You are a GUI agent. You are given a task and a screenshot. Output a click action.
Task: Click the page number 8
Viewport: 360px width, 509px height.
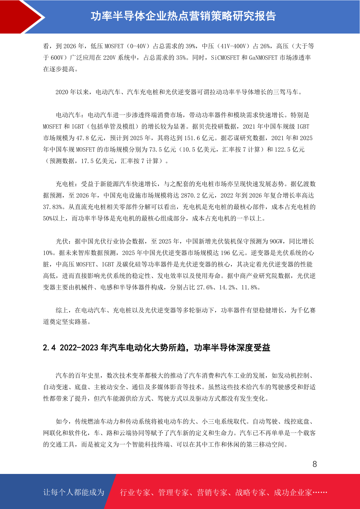(x=315, y=464)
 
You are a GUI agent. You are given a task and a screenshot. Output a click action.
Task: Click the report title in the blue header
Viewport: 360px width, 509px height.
(x=183, y=16)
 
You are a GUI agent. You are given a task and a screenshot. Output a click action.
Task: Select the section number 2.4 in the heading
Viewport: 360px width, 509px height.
(x=49, y=348)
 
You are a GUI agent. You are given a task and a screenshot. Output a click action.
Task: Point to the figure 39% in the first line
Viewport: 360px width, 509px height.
(x=190, y=46)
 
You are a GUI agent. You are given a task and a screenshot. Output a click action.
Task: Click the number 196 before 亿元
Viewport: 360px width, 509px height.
(x=225, y=253)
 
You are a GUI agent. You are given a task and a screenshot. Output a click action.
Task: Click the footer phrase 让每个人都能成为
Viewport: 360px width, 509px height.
(x=74, y=492)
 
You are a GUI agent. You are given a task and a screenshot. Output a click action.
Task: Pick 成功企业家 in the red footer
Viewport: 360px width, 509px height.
(x=293, y=492)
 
